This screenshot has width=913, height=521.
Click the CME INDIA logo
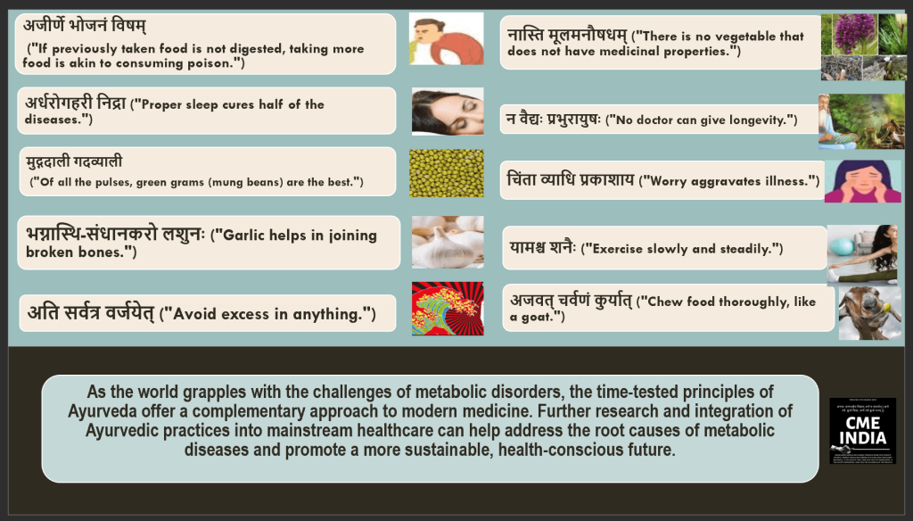coord(862,431)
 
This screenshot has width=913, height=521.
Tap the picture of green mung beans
coord(447,173)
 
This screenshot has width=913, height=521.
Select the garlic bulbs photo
coord(448,242)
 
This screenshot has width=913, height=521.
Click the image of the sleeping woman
coord(448,111)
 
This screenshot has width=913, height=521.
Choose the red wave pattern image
coord(448,309)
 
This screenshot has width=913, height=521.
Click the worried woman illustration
coord(862,181)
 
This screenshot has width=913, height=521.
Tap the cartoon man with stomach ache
coord(446,38)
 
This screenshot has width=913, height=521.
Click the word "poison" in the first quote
coord(204,63)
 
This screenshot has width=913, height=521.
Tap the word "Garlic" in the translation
coord(248,236)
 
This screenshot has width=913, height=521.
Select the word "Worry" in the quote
coord(673,181)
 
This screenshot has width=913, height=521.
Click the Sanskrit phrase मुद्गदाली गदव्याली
coord(75,161)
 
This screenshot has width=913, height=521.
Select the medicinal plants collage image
coord(863,46)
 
